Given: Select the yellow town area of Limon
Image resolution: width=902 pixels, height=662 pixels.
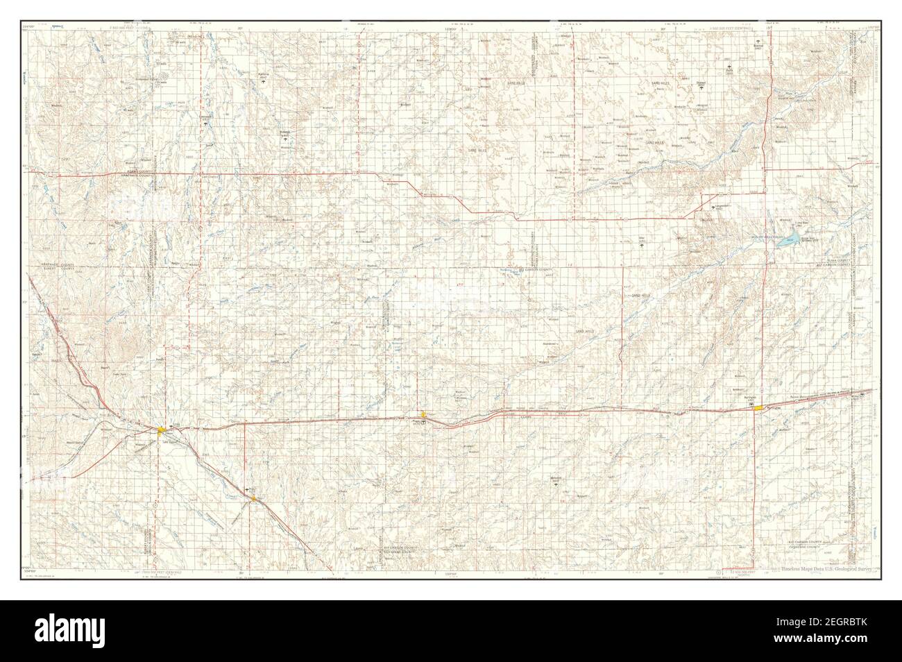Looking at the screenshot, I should point(161,431).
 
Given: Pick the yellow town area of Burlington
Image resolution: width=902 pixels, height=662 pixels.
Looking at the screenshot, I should point(759,408).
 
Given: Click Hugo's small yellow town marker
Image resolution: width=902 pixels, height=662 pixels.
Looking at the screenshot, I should point(254,498).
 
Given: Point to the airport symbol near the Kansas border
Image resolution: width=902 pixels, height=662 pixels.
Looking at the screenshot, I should point(863,394).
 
